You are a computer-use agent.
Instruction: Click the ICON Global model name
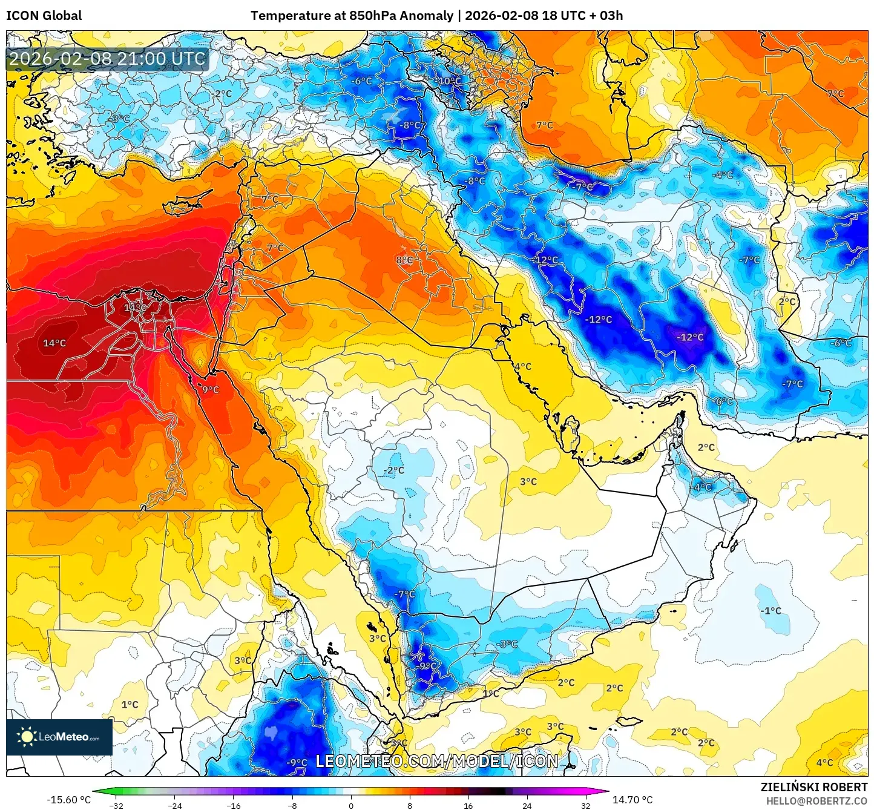pyautogui.click(x=44, y=16)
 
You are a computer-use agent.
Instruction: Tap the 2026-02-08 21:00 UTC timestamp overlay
pyautogui.click(x=108, y=59)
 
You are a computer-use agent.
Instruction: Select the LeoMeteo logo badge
pyautogui.click(x=59, y=737)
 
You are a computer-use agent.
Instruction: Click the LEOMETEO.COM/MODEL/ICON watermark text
pyautogui.click(x=436, y=761)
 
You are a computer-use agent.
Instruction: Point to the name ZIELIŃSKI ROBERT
pyautogui.click(x=814, y=787)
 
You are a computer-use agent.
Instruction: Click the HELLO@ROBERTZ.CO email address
pyautogui.click(x=816, y=801)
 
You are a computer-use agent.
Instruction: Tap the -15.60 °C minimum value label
pyautogui.click(x=68, y=800)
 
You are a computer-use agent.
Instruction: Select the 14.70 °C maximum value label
pyautogui.click(x=632, y=800)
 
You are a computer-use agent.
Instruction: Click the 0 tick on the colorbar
pyautogui.click(x=351, y=806)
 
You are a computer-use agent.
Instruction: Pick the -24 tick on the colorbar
pyautogui.click(x=174, y=806)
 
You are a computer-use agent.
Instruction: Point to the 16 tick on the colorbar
pyautogui.click(x=468, y=806)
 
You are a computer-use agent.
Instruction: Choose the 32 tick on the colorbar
pyautogui.click(x=585, y=806)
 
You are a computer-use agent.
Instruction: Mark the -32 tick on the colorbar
pyautogui.click(x=116, y=806)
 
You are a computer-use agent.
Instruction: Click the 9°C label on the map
pyautogui.click(x=210, y=390)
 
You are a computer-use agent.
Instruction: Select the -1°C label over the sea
pyautogui.click(x=770, y=611)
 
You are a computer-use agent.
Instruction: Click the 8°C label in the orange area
pyautogui.click(x=404, y=260)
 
